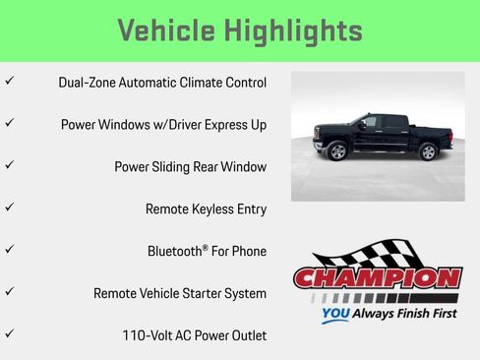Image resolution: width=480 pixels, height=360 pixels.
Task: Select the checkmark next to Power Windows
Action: point(9,123)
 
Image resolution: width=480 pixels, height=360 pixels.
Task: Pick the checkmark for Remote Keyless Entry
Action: point(9,208)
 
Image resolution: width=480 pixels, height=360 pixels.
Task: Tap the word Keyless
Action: point(214,210)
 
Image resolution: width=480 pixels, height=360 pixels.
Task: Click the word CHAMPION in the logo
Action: point(377,277)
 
